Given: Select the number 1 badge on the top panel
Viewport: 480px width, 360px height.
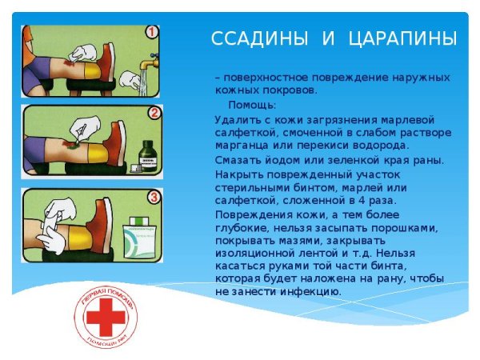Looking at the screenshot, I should pyautogui.click(x=152, y=34).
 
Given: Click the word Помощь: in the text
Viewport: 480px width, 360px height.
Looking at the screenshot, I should pyautogui.click(x=253, y=105).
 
